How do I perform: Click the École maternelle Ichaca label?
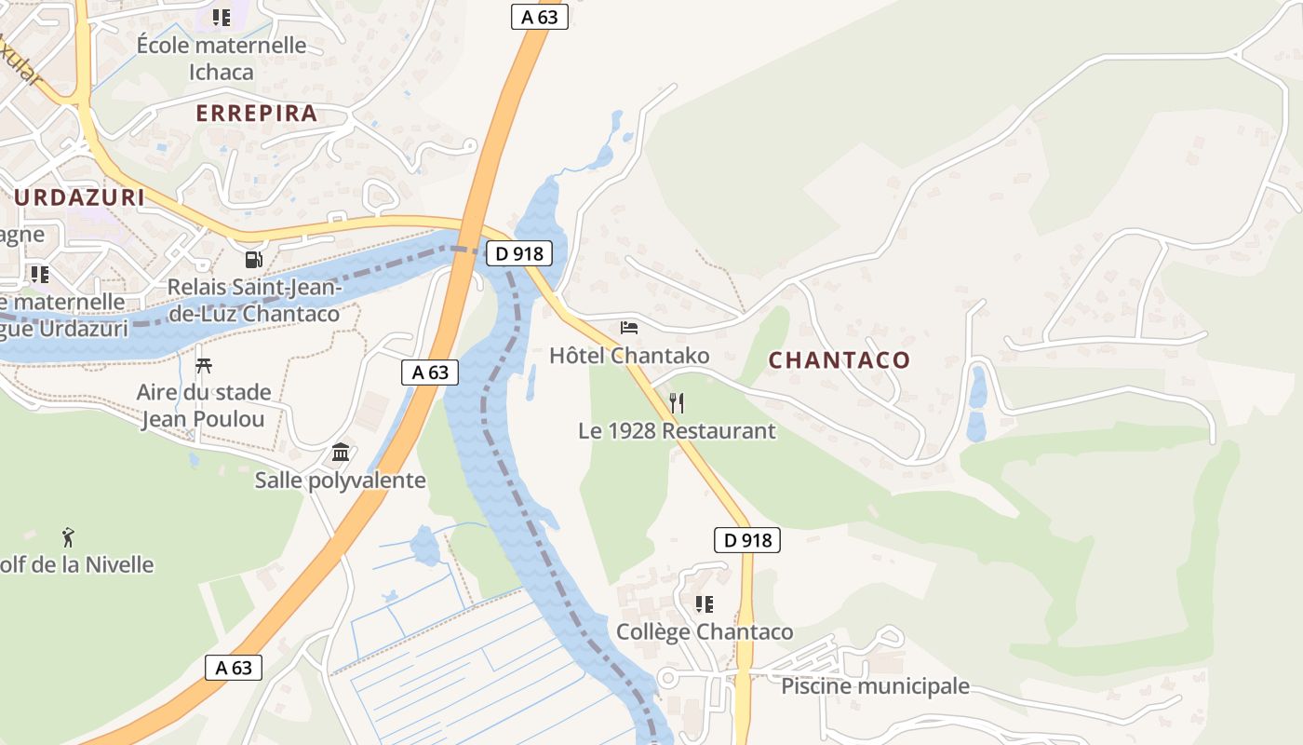coord(222,58)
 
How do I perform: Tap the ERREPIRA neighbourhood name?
coord(257,114)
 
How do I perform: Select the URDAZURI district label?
coord(80,197)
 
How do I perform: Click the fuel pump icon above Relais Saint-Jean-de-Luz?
coord(253,260)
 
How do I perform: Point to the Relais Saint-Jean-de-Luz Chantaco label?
coord(254,300)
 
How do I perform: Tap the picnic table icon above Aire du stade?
coord(204,365)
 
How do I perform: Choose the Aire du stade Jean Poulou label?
coord(204,405)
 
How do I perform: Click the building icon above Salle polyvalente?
coord(341,453)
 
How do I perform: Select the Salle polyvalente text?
coord(341,481)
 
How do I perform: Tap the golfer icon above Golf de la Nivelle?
coord(68,536)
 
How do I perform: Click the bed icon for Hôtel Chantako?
coord(629,328)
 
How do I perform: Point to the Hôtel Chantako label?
coord(629,356)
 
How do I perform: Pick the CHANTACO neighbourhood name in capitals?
coord(840,360)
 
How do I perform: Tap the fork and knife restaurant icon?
coord(677,403)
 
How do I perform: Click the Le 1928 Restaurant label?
coord(677,431)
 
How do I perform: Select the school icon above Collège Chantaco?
coord(705,604)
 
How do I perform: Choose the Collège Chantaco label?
coord(705,632)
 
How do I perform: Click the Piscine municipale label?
coord(875,686)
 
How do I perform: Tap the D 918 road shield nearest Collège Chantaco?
coord(747,540)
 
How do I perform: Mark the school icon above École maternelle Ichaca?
coord(222,18)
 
